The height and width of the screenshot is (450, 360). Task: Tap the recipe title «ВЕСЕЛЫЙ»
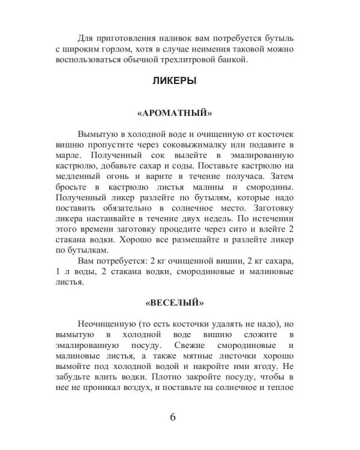pos(179,299)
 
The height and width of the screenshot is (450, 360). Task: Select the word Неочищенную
pos(106,324)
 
